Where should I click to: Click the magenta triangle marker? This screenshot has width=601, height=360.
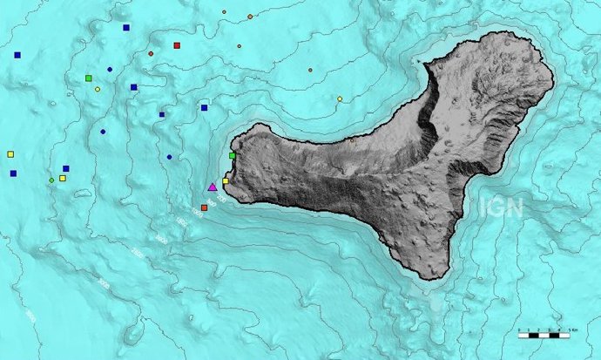213,187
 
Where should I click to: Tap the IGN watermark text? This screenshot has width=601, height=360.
500,207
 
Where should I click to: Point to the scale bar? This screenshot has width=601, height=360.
544,333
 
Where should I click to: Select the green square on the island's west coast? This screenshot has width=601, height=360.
232,155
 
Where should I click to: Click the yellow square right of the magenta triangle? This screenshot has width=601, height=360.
226,181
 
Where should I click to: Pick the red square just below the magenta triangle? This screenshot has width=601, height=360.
204,207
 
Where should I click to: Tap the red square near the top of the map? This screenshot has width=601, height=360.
177,45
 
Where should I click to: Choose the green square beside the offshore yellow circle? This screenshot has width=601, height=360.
89,78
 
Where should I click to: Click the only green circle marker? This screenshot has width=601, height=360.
51,180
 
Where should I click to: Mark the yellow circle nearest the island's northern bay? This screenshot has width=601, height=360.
340,98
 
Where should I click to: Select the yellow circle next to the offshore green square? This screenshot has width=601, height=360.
97,89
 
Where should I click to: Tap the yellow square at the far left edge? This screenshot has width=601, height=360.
10,154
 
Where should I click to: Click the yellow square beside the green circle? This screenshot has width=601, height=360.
62,178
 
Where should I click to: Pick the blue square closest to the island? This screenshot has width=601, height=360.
204,108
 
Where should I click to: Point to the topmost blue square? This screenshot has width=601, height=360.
126,28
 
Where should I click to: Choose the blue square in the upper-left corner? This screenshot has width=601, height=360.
17,55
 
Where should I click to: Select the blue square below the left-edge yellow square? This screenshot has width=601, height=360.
13,173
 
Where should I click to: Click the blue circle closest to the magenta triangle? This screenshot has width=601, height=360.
169,157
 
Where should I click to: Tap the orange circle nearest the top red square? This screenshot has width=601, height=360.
151,53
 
